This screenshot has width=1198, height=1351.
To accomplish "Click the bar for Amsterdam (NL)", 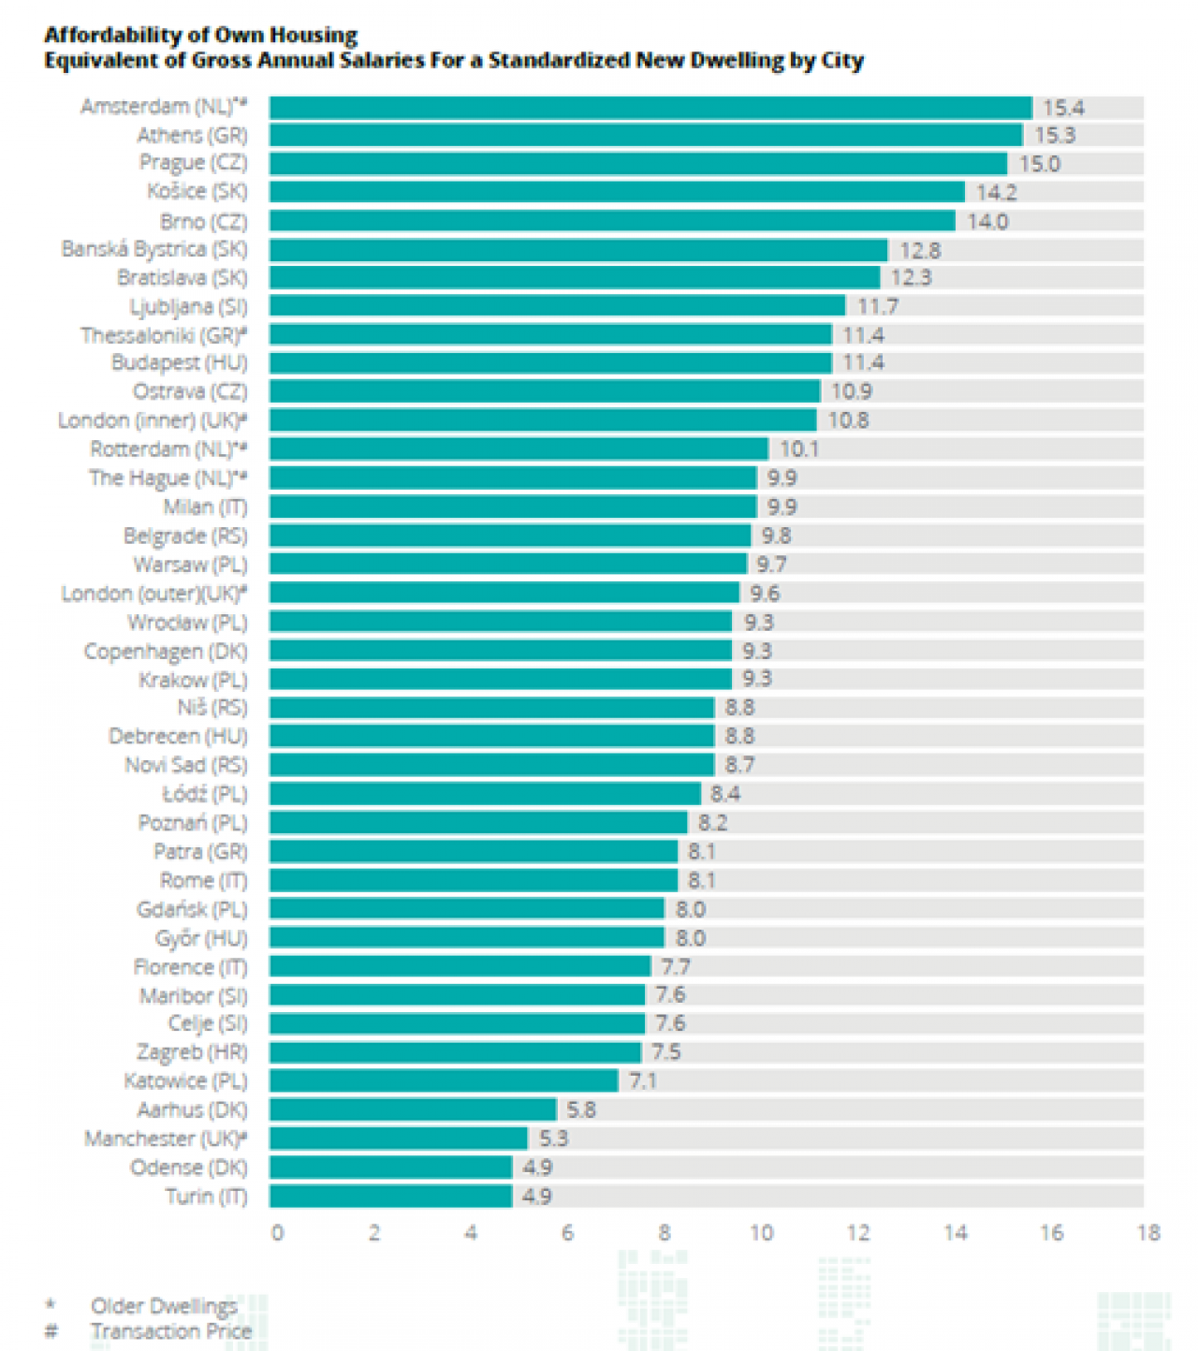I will (x=650, y=108).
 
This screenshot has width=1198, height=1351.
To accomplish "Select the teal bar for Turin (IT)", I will (x=390, y=1196).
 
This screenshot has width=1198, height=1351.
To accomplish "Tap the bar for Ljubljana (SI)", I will (x=557, y=306).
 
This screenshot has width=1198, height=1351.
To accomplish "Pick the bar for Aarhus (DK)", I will (x=413, y=1109).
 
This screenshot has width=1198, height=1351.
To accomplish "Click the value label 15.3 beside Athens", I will (x=1055, y=136).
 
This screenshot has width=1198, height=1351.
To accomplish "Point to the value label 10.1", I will (x=799, y=449).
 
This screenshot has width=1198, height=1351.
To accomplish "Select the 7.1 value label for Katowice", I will (x=643, y=1081).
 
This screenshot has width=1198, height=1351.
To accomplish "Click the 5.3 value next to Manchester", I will (x=553, y=1138).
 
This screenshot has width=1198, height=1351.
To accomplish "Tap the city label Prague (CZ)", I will (x=194, y=163).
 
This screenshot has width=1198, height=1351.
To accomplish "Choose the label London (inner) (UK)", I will (x=153, y=420).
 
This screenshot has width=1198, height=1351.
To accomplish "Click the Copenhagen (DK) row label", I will (x=166, y=651).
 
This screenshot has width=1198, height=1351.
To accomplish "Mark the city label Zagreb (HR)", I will (x=192, y=1052).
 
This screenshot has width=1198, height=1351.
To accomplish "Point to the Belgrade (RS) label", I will (x=185, y=536).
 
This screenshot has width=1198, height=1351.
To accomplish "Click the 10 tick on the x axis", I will (x=761, y=1233).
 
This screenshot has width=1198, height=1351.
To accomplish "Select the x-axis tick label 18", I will (x=1148, y=1233).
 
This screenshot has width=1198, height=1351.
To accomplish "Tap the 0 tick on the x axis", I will (x=277, y=1233).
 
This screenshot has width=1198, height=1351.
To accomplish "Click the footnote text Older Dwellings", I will (x=163, y=1306).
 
